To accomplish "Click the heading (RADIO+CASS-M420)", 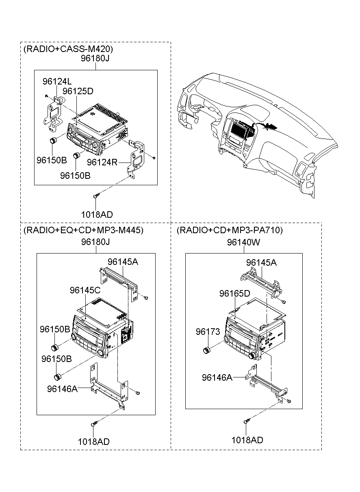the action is coord(68,49).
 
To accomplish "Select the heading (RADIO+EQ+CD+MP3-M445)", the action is coord(83,230).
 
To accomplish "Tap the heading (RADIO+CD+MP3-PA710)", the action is coord(230,230).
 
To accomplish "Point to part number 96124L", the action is coord(57,82).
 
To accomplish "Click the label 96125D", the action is coord(78,91).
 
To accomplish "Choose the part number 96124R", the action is coord(102,163).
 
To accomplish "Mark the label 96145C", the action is coord(85,290).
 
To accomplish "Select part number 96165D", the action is coord(234,293).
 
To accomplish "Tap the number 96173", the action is coord(208,332).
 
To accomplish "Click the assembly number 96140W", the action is coord(243,242).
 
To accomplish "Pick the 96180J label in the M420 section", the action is coord(95,58).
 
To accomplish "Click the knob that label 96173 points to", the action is coord(206,350).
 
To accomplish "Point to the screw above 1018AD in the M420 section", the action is coord(96,195).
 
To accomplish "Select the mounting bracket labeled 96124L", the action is coord(54,114).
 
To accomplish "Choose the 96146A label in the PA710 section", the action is coord(217,377).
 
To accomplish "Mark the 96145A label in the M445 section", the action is coord(123,262).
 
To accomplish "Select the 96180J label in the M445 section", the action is coord(95,242).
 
